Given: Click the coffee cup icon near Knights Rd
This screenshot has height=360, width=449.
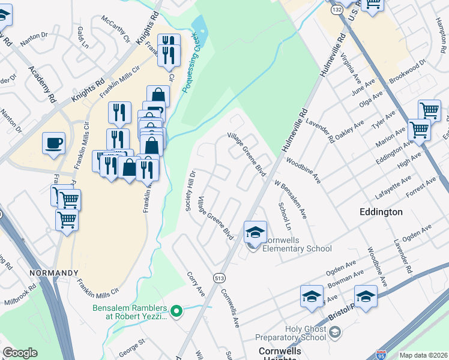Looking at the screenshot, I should pos(54,143).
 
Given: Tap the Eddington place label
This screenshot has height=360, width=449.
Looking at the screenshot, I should pos(381,212).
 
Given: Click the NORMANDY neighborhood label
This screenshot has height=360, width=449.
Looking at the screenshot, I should pos(53,273).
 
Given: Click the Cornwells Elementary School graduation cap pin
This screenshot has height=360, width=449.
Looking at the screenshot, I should pos(255,232).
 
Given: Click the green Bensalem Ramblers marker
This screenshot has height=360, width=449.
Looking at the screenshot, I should pos(176,310).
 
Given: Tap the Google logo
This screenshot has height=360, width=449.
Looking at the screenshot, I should pos(20,353).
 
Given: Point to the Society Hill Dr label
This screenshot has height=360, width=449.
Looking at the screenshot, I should pos(190,191).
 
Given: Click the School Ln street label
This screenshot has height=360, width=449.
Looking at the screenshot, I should pos(285,216).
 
